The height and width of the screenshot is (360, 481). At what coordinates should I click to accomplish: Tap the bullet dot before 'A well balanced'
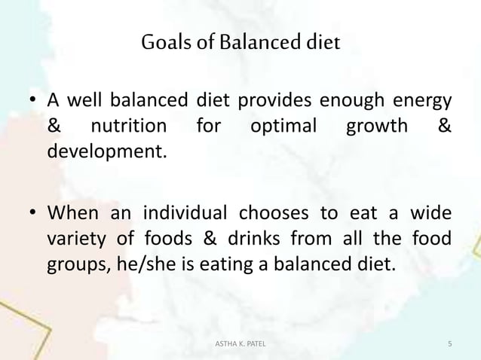coord(33,102)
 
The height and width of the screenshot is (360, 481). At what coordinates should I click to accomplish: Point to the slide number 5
coord(449,344)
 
